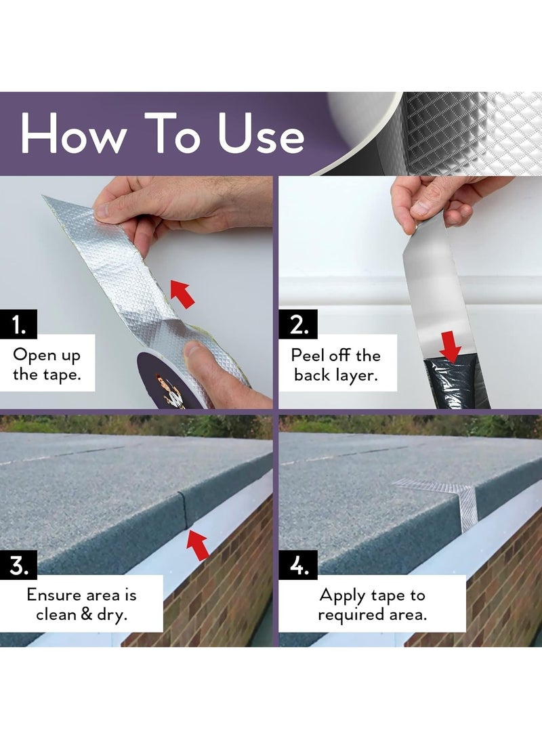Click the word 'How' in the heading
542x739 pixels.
coord(73,133)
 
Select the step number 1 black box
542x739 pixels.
coord(19,324)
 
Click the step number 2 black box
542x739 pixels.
coord(298,324)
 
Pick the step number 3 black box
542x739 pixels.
coord(19,566)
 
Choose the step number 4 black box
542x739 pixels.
coord(298,566)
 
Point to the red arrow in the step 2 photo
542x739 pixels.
coord(451,346)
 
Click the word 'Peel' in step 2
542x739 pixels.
coord(307,355)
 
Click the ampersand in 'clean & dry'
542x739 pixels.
coord(87,614)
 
